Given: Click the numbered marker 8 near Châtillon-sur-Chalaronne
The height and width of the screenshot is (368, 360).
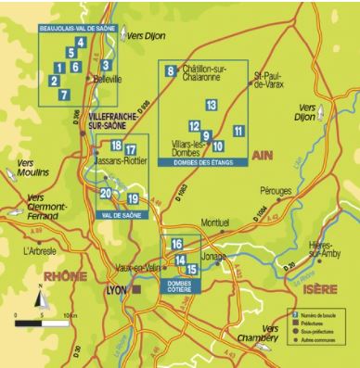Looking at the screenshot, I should (170, 71).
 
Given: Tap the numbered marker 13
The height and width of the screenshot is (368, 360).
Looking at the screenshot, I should (212, 105).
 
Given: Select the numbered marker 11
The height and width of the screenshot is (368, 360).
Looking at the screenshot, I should (238, 131).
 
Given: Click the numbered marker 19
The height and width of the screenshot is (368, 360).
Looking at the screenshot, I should (134, 199).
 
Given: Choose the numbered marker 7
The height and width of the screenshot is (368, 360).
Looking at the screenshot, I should (63, 95).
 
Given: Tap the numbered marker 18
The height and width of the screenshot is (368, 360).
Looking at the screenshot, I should (116, 146).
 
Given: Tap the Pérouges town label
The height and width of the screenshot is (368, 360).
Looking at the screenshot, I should (276, 190).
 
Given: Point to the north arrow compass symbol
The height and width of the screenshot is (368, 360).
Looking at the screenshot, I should (40, 298).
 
